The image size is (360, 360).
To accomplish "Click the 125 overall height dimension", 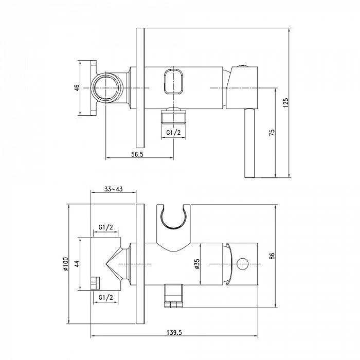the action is coord(285,103).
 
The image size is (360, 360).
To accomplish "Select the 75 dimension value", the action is coord(272,133).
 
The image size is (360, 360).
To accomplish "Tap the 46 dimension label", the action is coord(77,88).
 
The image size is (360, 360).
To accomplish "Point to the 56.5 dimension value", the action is coord(137,154).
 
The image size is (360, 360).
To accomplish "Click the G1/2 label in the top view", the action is coord(174,133).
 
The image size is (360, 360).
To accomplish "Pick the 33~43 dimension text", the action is coord(114,189).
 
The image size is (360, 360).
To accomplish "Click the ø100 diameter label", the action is coord(65,264).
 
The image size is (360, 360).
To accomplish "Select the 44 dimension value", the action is coord(77,263).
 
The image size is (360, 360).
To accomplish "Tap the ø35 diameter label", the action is coord(197,264).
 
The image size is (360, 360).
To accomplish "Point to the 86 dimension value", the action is coord(272,256).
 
